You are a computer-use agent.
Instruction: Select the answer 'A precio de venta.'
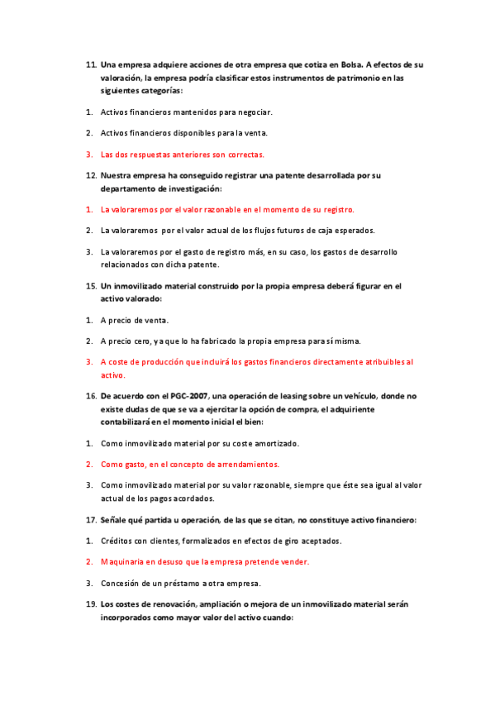[x=134, y=319]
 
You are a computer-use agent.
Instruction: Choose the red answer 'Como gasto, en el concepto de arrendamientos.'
[x=190, y=464]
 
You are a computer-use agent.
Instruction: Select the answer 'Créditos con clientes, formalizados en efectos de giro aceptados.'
[x=221, y=541]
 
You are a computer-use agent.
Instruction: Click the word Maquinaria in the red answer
[x=121, y=562]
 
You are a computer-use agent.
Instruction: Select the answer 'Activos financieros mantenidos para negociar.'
[x=186, y=111]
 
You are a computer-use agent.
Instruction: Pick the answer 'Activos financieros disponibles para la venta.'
[x=183, y=132]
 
